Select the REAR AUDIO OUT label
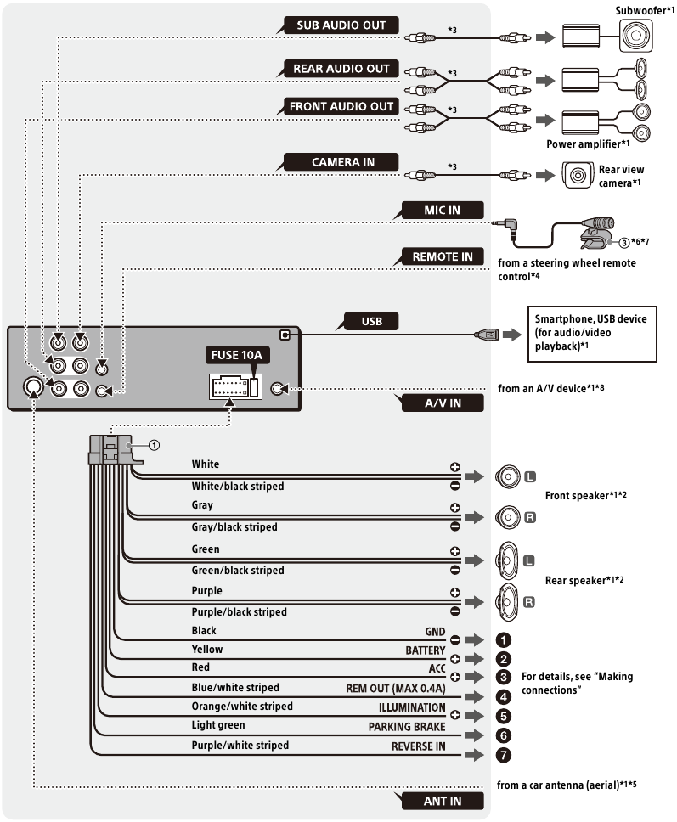click(x=341, y=69)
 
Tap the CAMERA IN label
click(x=342, y=161)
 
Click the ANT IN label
click(x=441, y=801)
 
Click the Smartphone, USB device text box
click(x=595, y=334)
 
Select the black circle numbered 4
click(x=504, y=696)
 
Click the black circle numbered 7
click(x=504, y=753)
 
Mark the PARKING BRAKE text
click(x=407, y=727)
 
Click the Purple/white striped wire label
click(x=240, y=745)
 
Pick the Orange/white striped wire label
click(x=242, y=707)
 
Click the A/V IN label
click(x=443, y=403)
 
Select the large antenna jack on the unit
click(x=32, y=387)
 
